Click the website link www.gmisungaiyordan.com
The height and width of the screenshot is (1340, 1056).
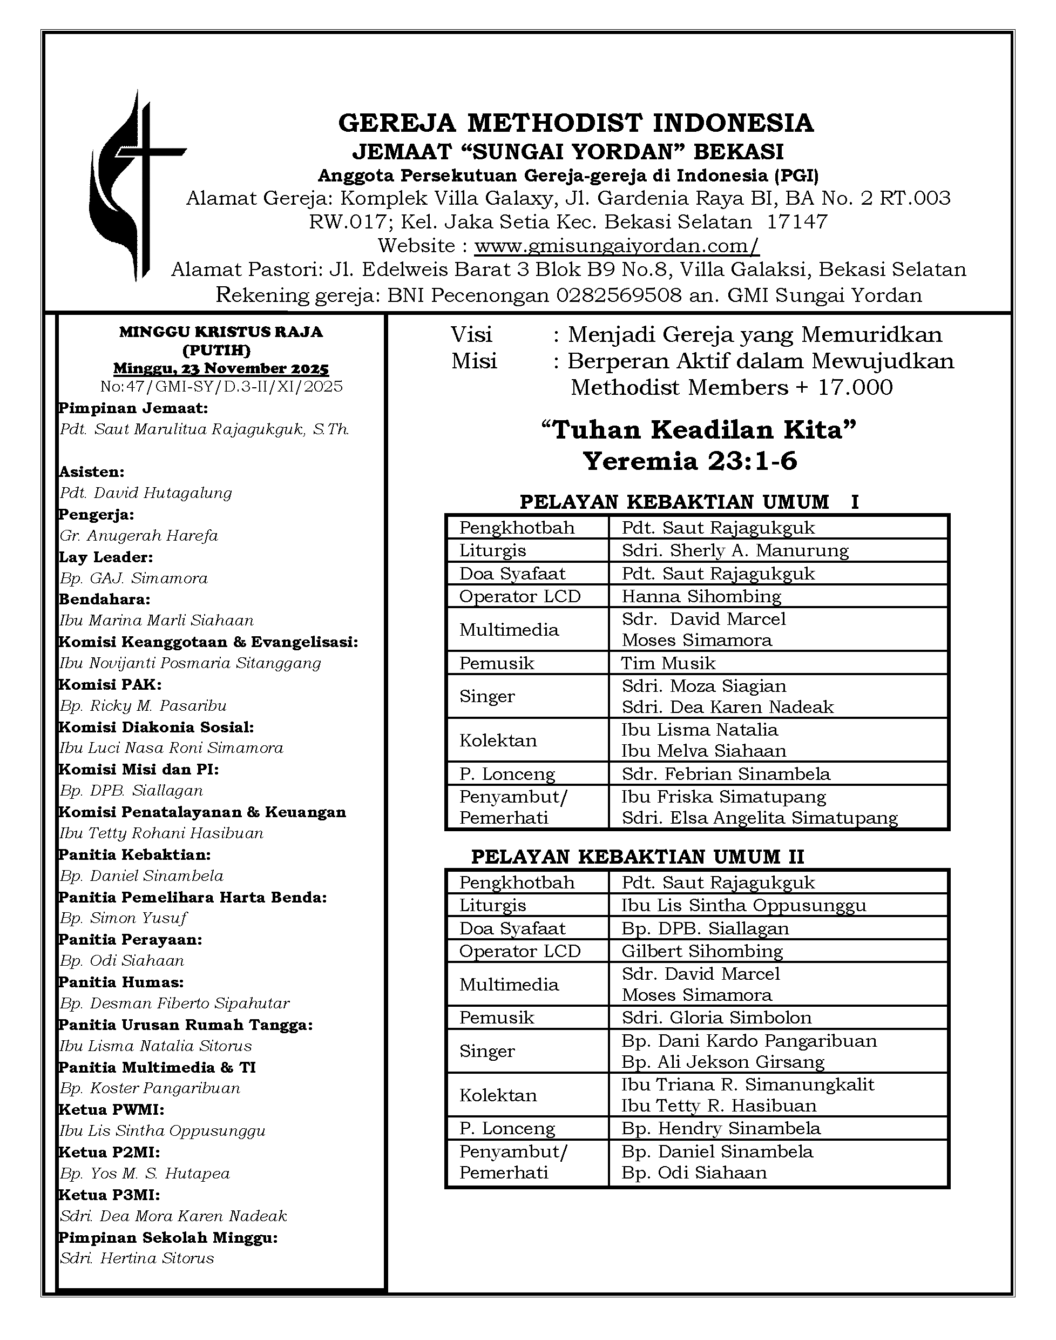617,246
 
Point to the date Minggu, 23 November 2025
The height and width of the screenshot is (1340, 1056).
221,368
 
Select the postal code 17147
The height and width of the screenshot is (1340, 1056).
797,222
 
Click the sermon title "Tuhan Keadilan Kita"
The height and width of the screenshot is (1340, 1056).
699,430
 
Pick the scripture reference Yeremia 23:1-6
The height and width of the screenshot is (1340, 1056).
690,461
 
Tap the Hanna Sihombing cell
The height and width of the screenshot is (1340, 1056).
701,596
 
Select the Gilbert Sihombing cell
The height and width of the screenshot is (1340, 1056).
702,951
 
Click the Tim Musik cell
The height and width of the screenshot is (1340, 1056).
668,663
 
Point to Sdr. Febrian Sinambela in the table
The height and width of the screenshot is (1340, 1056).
726,773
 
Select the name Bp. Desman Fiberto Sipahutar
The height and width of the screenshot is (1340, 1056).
175,1003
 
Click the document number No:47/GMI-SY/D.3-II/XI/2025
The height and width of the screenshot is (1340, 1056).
221,387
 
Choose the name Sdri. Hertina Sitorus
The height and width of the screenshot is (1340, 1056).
137,1258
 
